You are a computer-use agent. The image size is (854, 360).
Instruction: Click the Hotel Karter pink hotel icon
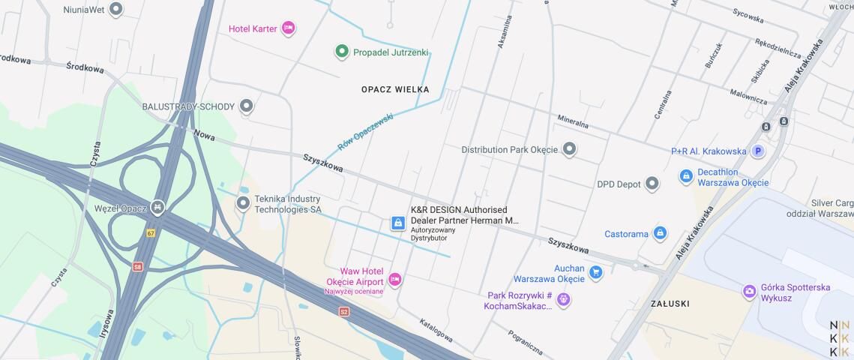point(288,28)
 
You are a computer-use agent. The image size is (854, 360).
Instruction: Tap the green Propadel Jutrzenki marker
point(342,52)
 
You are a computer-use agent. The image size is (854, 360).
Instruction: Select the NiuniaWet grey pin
point(115,9)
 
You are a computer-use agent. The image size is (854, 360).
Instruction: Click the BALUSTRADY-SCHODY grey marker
point(246,106)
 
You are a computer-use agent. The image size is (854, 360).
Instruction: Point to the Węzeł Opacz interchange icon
point(157,206)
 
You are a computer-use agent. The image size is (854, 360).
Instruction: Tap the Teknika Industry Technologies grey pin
point(243,203)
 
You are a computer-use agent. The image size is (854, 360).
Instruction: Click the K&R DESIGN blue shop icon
point(398,223)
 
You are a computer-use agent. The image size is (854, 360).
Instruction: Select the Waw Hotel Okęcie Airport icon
point(394,280)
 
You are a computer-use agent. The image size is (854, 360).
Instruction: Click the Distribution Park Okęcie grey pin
point(570,149)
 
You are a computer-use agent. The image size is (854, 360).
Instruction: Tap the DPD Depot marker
point(652,183)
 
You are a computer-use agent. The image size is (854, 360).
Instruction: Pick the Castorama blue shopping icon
point(660,233)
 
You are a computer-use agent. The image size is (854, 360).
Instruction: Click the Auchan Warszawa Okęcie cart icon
point(596,272)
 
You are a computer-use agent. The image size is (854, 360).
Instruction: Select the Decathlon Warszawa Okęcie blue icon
point(686,176)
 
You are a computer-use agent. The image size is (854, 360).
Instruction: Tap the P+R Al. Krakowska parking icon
point(758,151)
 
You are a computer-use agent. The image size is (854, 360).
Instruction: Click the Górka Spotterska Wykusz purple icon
point(749,292)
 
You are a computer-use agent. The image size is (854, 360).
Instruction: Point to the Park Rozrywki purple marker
point(564,300)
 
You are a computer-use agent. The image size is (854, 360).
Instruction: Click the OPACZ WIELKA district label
point(395,89)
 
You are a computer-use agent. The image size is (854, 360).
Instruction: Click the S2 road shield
point(344,311)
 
